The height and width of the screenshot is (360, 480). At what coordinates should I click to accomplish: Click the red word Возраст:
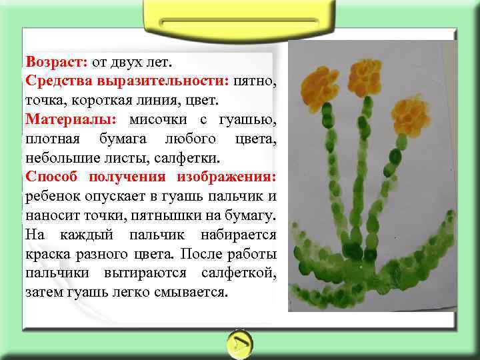pyautogui.click(x=56, y=62)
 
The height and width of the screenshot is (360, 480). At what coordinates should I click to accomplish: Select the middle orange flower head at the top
pyautogui.click(x=365, y=77)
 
